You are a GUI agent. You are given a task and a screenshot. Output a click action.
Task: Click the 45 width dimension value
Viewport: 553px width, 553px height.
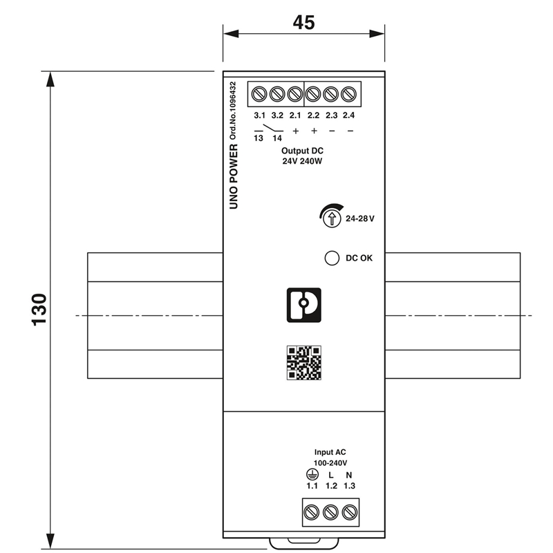303,23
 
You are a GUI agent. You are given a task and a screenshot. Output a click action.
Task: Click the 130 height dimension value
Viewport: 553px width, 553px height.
39,310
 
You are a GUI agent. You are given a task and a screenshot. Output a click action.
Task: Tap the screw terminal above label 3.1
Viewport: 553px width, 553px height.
259,94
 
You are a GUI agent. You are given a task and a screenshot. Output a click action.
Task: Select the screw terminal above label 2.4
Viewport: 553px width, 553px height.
349,94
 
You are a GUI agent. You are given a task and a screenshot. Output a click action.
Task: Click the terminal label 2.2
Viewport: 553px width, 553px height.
313,115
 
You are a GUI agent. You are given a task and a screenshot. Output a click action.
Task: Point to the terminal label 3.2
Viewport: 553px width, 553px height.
277,115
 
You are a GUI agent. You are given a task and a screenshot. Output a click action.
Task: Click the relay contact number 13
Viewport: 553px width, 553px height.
259,138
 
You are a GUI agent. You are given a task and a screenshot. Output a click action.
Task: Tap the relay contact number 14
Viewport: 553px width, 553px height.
277,138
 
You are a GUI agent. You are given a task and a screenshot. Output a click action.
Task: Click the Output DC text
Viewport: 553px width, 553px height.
302,151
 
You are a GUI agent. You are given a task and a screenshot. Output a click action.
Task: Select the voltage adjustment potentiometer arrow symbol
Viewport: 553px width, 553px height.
332,218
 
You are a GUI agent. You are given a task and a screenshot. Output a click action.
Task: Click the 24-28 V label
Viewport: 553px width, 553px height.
360,218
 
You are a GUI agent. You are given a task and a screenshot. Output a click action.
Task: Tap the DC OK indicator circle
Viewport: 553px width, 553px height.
332,258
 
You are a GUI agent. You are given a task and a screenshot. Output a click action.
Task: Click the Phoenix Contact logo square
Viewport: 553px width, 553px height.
304,305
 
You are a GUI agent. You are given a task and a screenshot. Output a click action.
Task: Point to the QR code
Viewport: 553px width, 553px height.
304,363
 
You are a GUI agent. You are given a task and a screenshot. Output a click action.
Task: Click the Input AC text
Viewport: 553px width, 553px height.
330,452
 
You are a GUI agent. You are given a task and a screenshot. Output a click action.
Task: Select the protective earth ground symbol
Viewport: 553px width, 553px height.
312,475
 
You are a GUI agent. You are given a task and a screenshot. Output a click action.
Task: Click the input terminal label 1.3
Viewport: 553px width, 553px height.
350,486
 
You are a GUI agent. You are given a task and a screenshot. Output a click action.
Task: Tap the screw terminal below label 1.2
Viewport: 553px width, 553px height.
331,512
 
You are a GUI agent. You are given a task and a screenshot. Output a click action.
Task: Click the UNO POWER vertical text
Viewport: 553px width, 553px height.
234,176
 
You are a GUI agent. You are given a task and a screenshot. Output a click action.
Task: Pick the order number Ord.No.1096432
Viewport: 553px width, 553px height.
233,111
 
